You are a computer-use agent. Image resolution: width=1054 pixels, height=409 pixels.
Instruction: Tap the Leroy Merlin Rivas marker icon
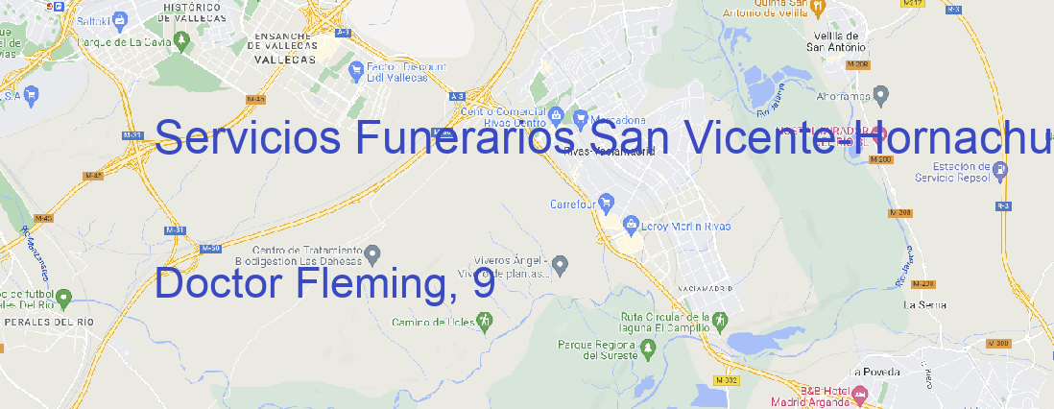[x=631, y=225]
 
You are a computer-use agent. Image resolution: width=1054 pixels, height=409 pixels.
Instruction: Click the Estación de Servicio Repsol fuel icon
[x=1000, y=171]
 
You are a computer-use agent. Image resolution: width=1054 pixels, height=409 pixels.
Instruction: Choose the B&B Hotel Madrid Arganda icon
[x=860, y=394]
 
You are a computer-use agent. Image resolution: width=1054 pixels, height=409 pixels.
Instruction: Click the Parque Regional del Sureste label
[x=597, y=349]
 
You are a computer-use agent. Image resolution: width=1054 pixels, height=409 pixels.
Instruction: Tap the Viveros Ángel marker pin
[x=563, y=264]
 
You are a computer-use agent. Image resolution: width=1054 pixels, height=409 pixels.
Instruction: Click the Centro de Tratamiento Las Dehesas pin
[x=373, y=254]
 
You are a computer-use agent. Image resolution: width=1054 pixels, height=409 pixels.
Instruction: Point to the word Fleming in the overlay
[x=354, y=284]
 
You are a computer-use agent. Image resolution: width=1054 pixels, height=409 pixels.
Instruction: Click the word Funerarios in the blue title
[x=467, y=138]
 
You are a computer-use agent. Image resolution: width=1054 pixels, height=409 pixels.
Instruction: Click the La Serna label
[x=925, y=304]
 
